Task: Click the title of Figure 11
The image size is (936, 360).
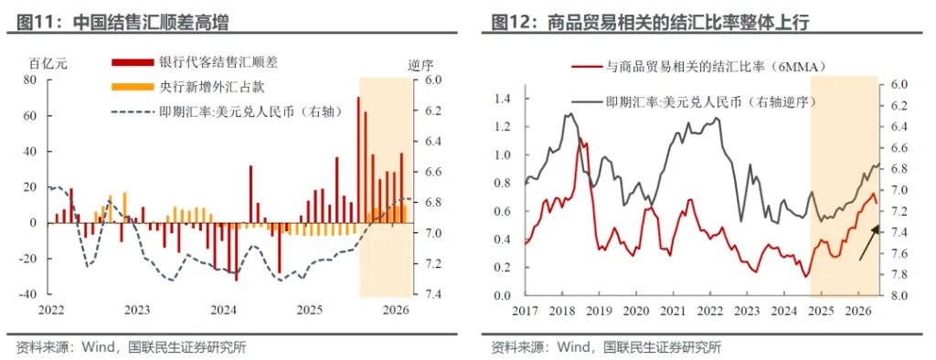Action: coord(122,23)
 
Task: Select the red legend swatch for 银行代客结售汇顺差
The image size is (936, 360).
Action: coord(132,61)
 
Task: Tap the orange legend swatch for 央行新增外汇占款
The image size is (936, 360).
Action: coord(132,87)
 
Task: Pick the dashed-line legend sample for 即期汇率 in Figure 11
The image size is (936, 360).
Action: coord(132,111)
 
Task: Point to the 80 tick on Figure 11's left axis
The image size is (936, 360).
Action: coord(29,80)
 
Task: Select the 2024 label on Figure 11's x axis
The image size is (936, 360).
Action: coord(223,311)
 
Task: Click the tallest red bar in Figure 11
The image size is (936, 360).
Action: coord(358,160)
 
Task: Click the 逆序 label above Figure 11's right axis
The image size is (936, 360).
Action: coord(420,64)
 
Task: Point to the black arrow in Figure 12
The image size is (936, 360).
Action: coord(870,243)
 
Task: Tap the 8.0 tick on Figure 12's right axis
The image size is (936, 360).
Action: coord(894,295)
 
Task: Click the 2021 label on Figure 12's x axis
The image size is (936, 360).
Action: coord(673,311)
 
